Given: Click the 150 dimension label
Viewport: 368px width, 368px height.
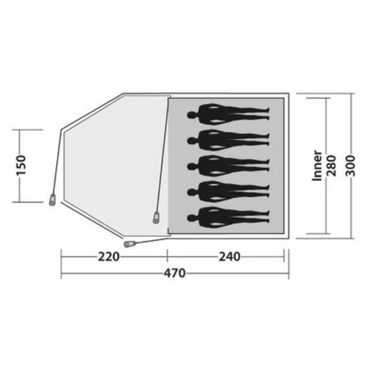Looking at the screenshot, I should (x=21, y=165).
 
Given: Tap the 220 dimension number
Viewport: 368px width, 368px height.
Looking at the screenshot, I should (x=109, y=257).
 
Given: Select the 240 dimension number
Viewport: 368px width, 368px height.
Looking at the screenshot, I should (x=229, y=257).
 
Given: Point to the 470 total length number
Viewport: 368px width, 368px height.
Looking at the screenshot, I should (x=175, y=273).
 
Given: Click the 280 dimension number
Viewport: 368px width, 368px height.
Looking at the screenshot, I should (x=331, y=166).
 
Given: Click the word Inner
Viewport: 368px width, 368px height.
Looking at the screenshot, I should (x=317, y=166).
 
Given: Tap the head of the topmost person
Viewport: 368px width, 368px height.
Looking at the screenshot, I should (x=191, y=114).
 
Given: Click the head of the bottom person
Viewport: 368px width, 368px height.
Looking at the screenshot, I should (x=191, y=217).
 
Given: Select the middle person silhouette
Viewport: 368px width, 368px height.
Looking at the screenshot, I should (x=228, y=166).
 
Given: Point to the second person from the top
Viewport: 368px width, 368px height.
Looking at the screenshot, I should (x=228, y=140).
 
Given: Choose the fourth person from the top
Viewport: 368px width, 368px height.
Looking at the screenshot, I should (x=228, y=191).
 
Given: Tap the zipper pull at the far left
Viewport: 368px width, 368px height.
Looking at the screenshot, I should (x=52, y=200).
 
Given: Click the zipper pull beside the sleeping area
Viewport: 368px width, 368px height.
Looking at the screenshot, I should (x=156, y=217).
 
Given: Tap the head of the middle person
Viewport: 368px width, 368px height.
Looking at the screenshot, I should (x=191, y=166).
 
